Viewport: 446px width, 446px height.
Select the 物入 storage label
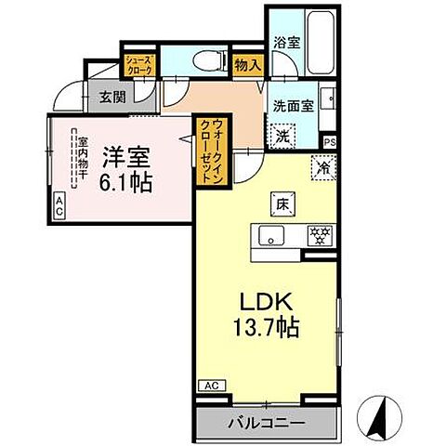(x=246, y=67)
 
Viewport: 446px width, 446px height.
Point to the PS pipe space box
(x=330, y=141)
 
